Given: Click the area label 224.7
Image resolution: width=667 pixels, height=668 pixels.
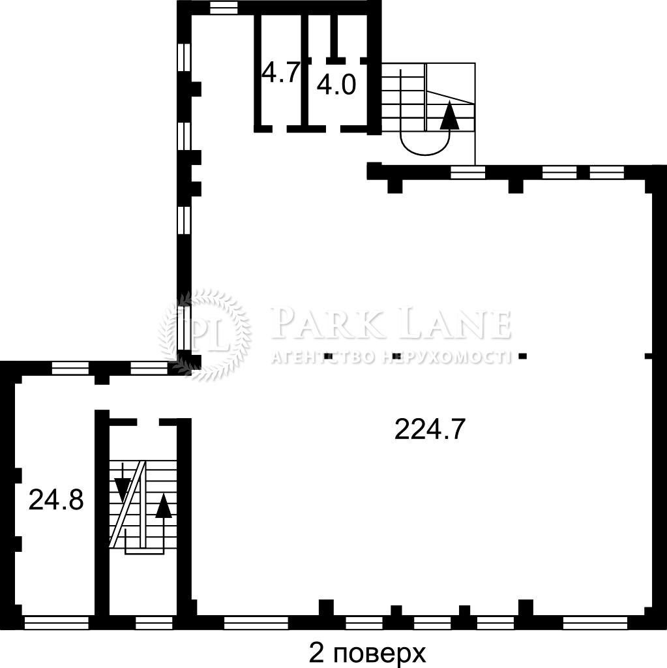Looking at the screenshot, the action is [428, 429].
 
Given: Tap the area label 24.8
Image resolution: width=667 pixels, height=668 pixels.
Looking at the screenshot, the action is [56, 500].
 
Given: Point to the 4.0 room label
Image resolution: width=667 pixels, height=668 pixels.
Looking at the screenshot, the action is [336, 85].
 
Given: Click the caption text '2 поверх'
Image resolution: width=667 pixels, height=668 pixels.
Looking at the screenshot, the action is [367, 654].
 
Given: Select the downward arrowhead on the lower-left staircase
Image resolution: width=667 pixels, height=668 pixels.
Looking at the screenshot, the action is [123, 489].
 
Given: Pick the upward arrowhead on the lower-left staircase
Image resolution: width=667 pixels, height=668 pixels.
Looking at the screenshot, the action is [164, 506].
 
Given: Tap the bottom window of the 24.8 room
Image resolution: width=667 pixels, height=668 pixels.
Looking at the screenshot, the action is [57, 622].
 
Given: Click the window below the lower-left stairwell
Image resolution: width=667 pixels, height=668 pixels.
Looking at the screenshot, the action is [154, 622].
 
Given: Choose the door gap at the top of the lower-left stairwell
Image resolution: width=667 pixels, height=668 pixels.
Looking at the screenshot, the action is [148, 422].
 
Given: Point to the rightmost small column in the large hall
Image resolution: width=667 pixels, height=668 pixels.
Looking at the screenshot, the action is [523, 356].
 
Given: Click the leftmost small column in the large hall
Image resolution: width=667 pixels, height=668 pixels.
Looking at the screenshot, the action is [329, 356].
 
